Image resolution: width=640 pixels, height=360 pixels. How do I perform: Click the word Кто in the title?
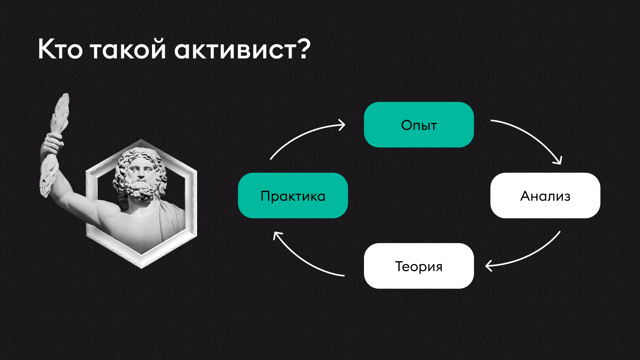[60, 49]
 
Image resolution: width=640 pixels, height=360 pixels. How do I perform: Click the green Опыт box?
[419, 125]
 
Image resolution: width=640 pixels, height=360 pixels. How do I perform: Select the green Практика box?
[293, 196]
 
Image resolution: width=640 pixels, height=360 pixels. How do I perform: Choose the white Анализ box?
[545, 196]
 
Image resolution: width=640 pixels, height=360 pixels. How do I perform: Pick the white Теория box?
[419, 266]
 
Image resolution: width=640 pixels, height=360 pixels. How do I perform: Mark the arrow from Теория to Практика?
[303, 260]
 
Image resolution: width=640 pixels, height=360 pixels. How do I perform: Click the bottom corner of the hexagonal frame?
[142, 268]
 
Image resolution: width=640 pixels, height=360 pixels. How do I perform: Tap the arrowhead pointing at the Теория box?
[488, 266]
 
